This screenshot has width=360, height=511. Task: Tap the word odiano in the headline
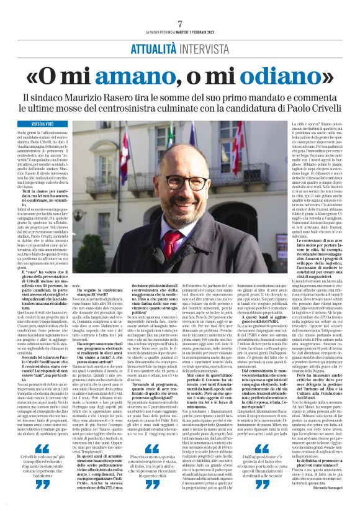(x=279, y=78)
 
